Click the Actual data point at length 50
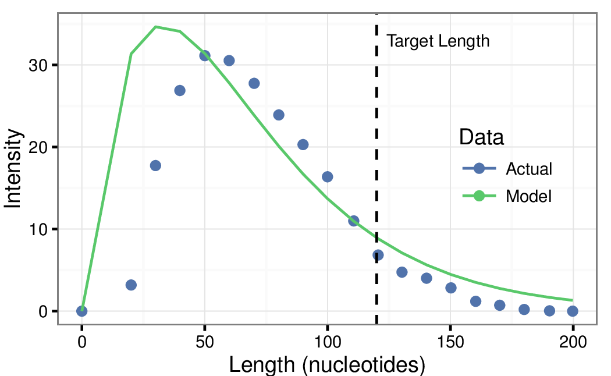(205, 56)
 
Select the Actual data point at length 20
(131, 285)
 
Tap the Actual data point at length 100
(328, 177)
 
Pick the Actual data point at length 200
(573, 311)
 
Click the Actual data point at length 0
(82, 311)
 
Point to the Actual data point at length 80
(279, 115)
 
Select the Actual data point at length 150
(451, 288)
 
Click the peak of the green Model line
(155, 27)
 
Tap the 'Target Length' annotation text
(438, 41)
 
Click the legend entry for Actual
(506, 169)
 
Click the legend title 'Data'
(481, 138)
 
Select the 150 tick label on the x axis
(451, 342)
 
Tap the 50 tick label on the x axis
(205, 342)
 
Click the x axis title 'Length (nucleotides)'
(327, 365)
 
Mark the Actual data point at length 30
(155, 166)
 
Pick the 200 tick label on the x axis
(573, 342)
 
